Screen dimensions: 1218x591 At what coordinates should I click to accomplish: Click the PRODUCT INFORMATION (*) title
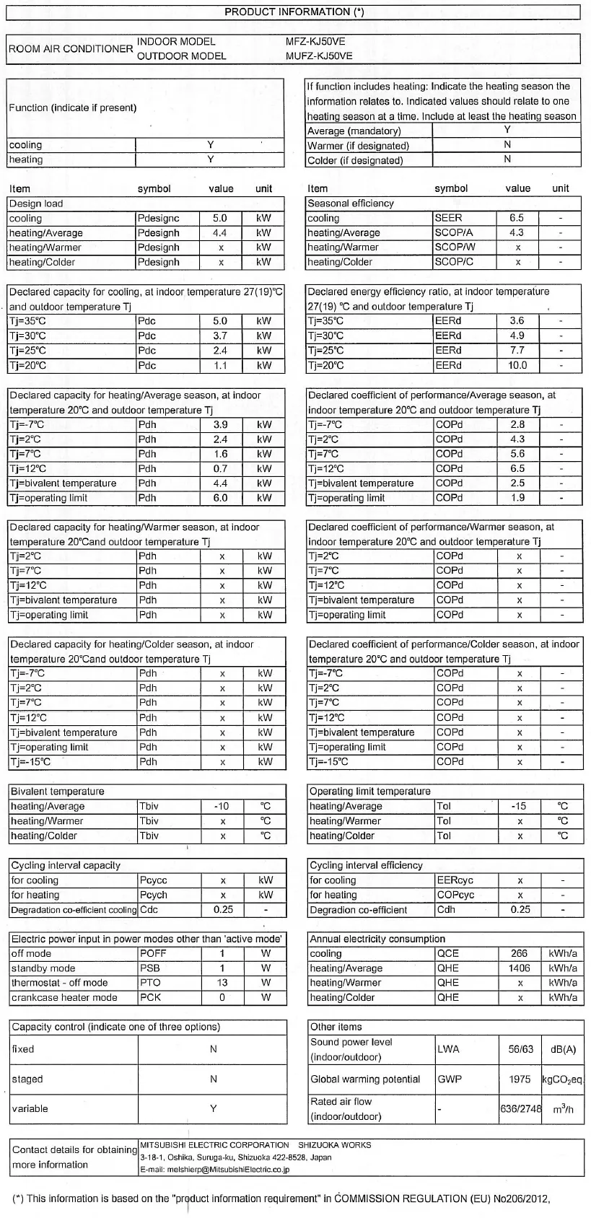tap(294, 12)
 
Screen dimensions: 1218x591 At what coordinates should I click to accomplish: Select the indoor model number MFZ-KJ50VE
tap(320, 42)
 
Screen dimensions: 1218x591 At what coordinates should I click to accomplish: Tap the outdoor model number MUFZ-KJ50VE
tap(319, 56)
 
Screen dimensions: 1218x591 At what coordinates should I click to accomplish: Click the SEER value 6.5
tap(517, 218)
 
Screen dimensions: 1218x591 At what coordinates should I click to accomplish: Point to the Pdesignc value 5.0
tap(220, 218)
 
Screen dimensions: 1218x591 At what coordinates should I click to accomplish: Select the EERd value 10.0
tap(517, 365)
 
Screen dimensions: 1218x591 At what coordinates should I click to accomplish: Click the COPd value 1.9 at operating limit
tap(517, 498)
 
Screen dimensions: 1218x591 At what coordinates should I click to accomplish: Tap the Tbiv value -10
tap(222, 806)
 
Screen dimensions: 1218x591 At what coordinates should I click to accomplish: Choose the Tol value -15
tap(519, 806)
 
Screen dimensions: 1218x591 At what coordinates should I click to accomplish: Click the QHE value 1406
tap(519, 968)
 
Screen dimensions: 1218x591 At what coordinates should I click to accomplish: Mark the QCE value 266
tap(519, 953)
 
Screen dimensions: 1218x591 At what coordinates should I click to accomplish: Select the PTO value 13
tap(222, 983)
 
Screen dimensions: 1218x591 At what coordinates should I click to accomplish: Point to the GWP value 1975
tap(519, 1079)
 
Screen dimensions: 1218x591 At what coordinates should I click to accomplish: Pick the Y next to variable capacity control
tap(214, 1108)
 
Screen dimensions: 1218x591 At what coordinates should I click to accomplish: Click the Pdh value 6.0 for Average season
tap(220, 498)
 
